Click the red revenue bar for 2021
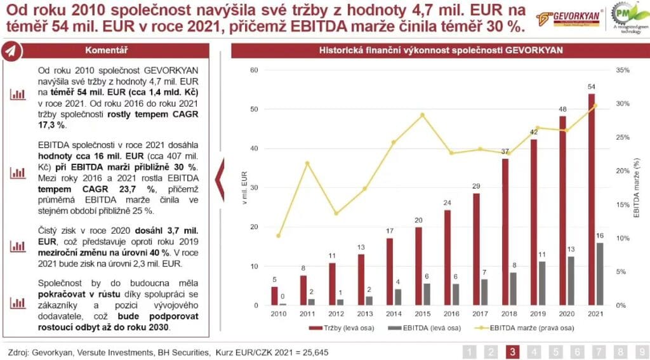(x=592, y=199)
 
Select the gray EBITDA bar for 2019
(x=541, y=283)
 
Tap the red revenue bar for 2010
(x=274, y=296)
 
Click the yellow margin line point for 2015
(x=422, y=115)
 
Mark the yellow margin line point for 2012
(x=336, y=213)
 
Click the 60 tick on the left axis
(x=254, y=70)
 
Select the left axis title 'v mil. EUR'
(x=243, y=188)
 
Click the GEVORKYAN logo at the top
(x=562, y=17)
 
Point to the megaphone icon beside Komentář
(x=11, y=53)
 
